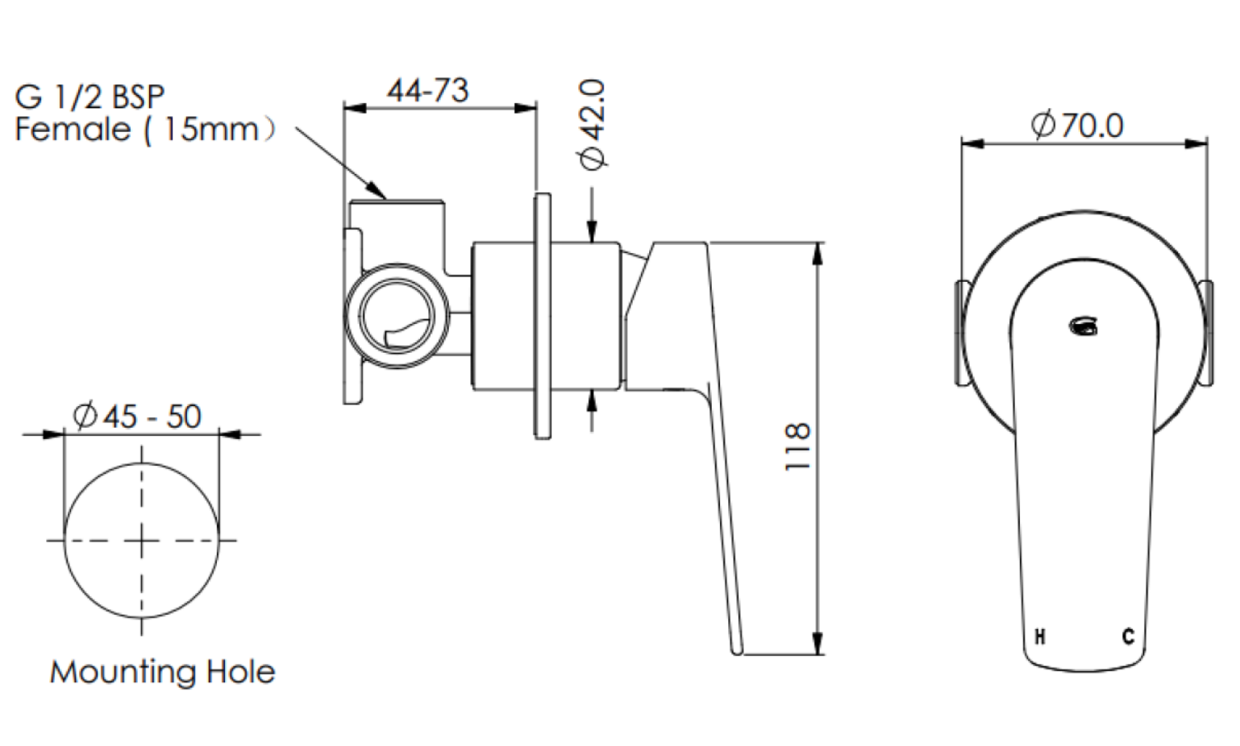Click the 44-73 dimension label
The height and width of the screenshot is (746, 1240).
(x=428, y=91)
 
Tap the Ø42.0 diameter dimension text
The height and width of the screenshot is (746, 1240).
(x=592, y=124)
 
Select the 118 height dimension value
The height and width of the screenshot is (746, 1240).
(x=797, y=447)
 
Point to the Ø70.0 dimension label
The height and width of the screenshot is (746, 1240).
(x=1076, y=126)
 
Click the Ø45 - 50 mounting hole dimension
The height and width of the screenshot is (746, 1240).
(x=137, y=417)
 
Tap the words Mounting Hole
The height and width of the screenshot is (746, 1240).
(x=163, y=672)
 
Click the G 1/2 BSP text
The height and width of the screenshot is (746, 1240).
(x=89, y=97)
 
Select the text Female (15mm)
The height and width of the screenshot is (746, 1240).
(x=145, y=131)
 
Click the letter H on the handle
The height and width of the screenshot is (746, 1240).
(x=1040, y=636)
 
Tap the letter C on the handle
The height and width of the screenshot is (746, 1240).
(x=1128, y=636)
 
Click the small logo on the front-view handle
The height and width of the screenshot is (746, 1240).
(x=1084, y=326)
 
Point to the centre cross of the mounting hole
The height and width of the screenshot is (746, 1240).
(x=142, y=541)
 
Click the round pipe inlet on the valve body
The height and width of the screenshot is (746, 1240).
(x=397, y=315)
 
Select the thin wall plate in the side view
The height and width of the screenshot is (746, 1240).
(x=543, y=316)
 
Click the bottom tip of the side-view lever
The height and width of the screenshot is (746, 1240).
(x=737, y=652)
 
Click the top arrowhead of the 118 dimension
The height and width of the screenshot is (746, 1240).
(x=818, y=254)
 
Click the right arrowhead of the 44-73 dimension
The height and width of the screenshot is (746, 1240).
(x=526, y=108)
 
